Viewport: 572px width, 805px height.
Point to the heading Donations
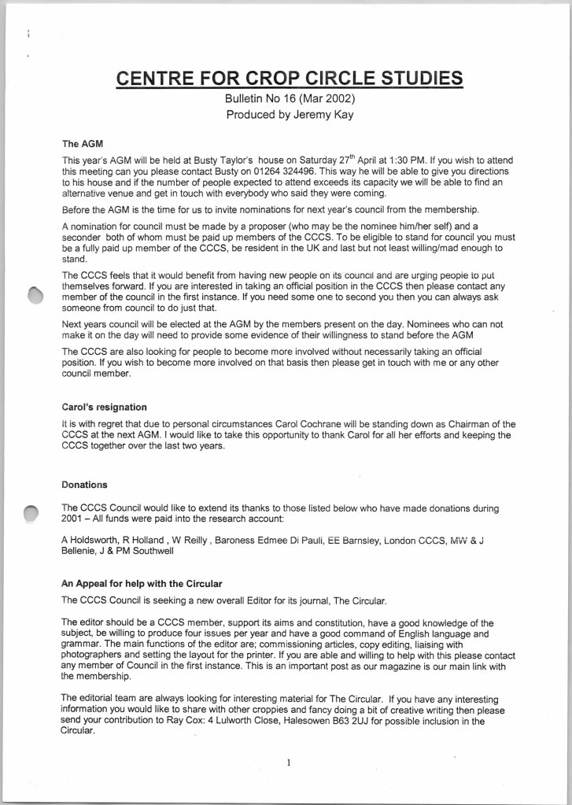[84, 485]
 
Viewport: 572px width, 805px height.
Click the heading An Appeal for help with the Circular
[138, 583]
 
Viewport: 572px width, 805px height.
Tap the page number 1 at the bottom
[289, 762]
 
